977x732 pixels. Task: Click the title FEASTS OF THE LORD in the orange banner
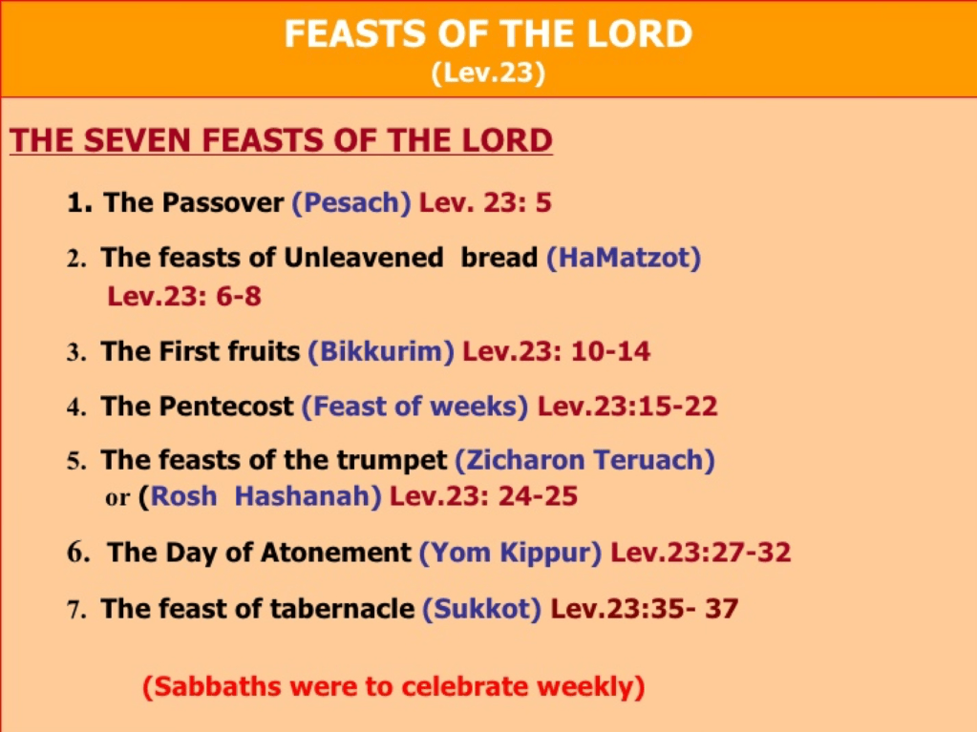[488, 33]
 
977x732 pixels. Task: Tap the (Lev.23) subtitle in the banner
[488, 73]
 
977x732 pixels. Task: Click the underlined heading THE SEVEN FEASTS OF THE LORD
[281, 140]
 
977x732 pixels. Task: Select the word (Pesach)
[351, 203]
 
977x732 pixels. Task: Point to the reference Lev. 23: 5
[485, 202]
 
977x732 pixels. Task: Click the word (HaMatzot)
[624, 258]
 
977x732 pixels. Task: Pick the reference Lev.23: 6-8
[183, 296]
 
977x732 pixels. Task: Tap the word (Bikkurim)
[381, 351]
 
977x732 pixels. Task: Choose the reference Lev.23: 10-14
[557, 351]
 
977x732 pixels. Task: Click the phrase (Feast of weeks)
[415, 407]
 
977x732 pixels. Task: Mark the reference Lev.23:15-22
[627, 406]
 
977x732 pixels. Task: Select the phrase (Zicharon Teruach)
[585, 461]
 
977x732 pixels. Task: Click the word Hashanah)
[308, 496]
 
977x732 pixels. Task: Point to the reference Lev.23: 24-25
[483, 496]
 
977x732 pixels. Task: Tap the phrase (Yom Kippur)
[510, 553]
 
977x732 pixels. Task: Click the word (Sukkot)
[481, 609]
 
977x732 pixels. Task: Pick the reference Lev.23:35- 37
[645, 608]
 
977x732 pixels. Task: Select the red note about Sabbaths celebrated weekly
[393, 686]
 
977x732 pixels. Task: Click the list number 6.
[78, 553]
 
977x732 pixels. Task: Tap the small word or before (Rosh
[117, 498]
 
